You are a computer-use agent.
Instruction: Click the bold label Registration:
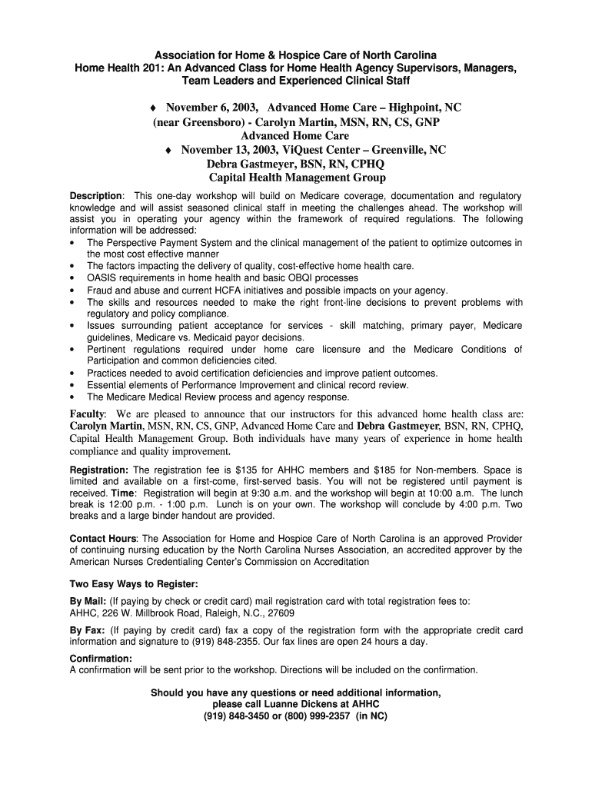click(99, 470)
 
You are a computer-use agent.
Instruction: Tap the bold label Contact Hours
click(103, 539)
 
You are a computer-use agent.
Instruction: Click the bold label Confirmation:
click(101, 659)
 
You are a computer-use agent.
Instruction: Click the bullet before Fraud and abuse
click(72, 291)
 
